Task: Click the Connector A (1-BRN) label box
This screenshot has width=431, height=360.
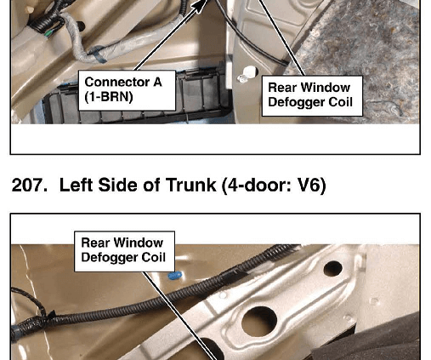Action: [x=127, y=90]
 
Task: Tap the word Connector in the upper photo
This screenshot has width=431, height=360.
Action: [x=116, y=83]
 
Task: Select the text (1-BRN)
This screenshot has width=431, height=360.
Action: [x=109, y=97]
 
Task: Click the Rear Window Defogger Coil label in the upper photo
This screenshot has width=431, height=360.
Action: [x=312, y=95]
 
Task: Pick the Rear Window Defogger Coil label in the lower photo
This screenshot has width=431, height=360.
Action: [x=124, y=251]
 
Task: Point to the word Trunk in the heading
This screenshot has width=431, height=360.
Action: [x=191, y=186]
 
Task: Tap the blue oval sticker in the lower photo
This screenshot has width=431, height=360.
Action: [x=174, y=275]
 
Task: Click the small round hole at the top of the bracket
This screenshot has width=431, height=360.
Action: [x=332, y=269]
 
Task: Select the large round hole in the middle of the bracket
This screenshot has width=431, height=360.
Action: [x=259, y=321]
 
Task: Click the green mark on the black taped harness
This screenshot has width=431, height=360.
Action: [x=48, y=34]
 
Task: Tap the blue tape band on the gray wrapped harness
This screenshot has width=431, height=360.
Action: [x=98, y=54]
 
